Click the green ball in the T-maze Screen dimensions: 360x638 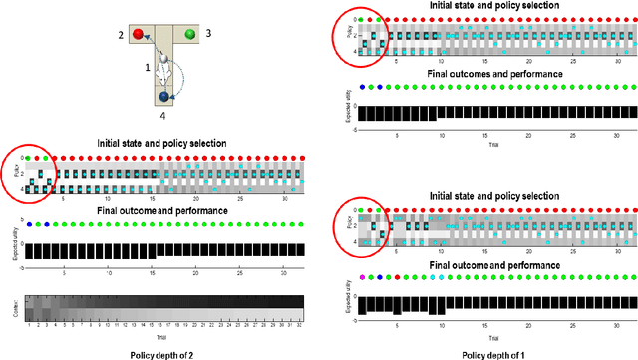(188, 34)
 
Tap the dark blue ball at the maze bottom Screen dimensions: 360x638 (163, 97)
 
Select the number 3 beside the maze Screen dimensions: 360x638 (208, 33)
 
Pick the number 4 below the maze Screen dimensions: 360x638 (162, 115)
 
